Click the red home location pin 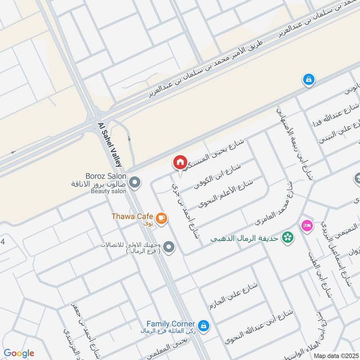click(x=180, y=162)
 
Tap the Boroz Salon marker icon click(x=134, y=183)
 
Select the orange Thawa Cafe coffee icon click(x=162, y=219)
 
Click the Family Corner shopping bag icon click(x=204, y=325)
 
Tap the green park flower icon click(x=285, y=236)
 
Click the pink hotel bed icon click(x=307, y=225)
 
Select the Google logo click(x=19, y=353)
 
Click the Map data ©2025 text click(x=335, y=355)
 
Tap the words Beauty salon click(x=109, y=191)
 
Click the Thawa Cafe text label click(x=132, y=216)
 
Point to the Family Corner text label click(x=171, y=324)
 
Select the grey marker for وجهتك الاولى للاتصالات click(x=169, y=247)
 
